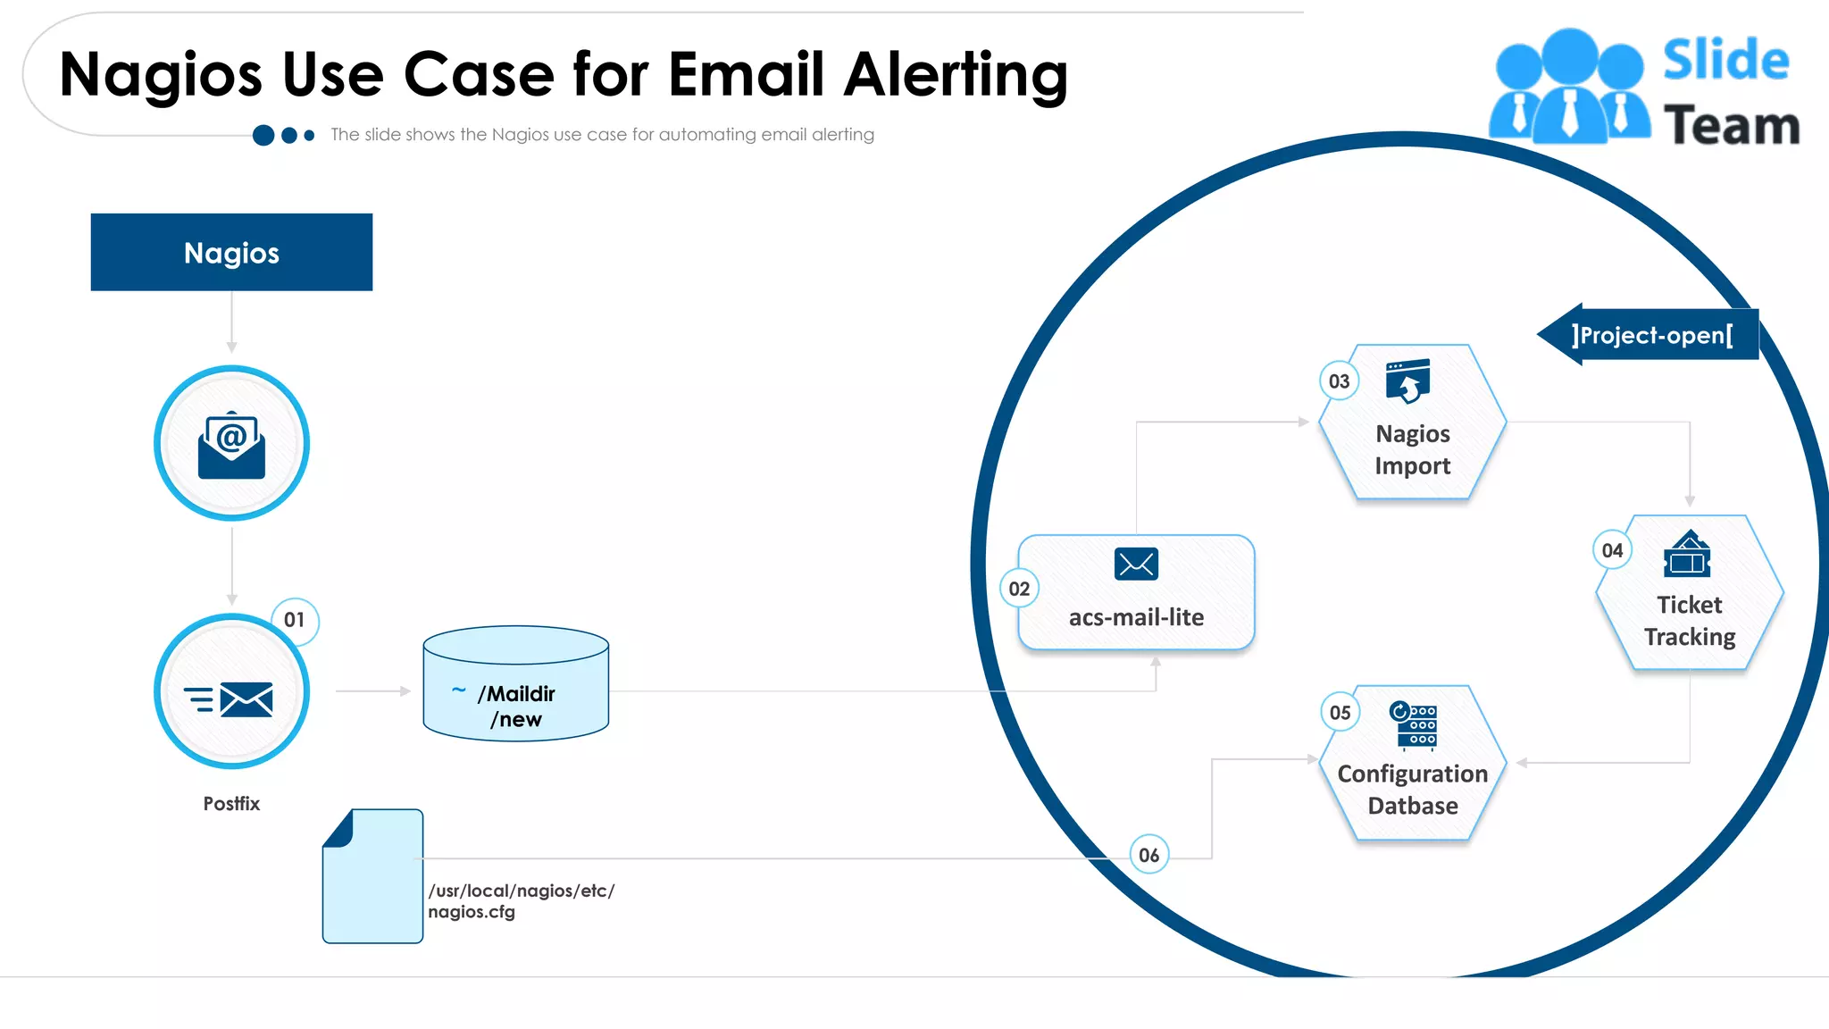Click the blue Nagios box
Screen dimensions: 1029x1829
(231, 252)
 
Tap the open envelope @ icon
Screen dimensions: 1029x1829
(231, 443)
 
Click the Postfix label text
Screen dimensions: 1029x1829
(231, 803)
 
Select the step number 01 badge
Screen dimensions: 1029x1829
(295, 620)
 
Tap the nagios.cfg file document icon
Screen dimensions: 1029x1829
(372, 876)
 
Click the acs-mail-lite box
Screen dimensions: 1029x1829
(1136, 592)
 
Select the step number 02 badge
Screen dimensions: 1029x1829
(1019, 589)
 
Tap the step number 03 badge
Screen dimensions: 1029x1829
(1339, 381)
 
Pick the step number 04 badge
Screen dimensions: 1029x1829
(1612, 550)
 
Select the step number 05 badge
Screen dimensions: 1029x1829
(1340, 713)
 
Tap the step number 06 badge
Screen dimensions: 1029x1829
(1148, 855)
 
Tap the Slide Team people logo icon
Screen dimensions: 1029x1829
(1569, 87)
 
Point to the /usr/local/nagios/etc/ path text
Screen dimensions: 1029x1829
(522, 891)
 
